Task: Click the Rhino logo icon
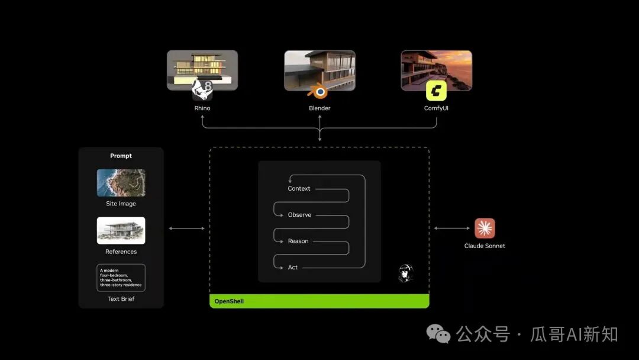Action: tap(202, 90)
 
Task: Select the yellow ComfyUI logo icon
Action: tap(436, 91)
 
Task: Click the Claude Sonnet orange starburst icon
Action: tap(485, 229)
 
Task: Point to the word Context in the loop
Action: tap(299, 188)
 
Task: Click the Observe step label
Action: tap(299, 215)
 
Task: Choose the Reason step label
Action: tap(298, 241)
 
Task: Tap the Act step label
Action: tap(293, 268)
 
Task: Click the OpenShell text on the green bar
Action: tap(229, 301)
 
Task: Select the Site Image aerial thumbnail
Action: tap(121, 182)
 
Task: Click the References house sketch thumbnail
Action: tap(121, 230)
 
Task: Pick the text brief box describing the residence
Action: tap(121, 278)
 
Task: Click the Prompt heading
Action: tap(121, 156)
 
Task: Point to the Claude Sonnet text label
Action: tap(485, 246)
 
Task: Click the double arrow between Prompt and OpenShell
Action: tap(186, 229)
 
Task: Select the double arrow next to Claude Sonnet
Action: tap(452, 229)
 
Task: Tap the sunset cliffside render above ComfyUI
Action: tap(437, 70)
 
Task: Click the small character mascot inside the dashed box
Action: tap(405, 274)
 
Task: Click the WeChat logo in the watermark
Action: tap(438, 334)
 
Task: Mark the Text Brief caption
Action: tap(121, 299)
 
